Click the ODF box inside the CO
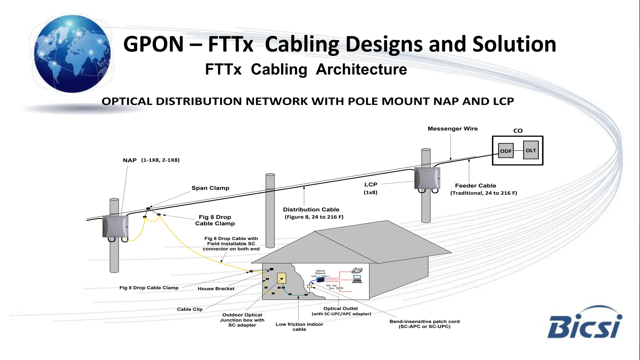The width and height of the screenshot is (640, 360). point(506,151)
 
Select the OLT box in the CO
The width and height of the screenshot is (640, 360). point(531,150)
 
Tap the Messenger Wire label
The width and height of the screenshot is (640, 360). point(452,129)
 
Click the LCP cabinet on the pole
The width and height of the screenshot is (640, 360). point(427,178)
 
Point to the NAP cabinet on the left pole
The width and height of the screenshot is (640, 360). point(115,226)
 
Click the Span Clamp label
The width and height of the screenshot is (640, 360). point(210,188)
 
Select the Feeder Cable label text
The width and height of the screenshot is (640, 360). point(475,186)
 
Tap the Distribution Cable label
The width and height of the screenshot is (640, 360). point(311,210)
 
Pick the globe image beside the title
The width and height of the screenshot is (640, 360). point(72,54)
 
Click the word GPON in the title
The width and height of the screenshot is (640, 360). point(153,44)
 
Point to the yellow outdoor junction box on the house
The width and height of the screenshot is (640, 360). point(282,278)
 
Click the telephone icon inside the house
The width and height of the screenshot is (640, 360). point(357,270)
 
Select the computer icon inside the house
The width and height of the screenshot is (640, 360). point(357,279)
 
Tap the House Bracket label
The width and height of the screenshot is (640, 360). point(216,289)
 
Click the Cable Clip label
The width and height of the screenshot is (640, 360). point(190,309)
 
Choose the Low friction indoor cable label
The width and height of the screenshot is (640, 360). point(299,327)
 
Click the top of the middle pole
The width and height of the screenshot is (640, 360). point(270,175)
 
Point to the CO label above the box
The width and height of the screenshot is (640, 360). point(518,131)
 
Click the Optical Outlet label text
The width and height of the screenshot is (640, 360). point(340,308)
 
